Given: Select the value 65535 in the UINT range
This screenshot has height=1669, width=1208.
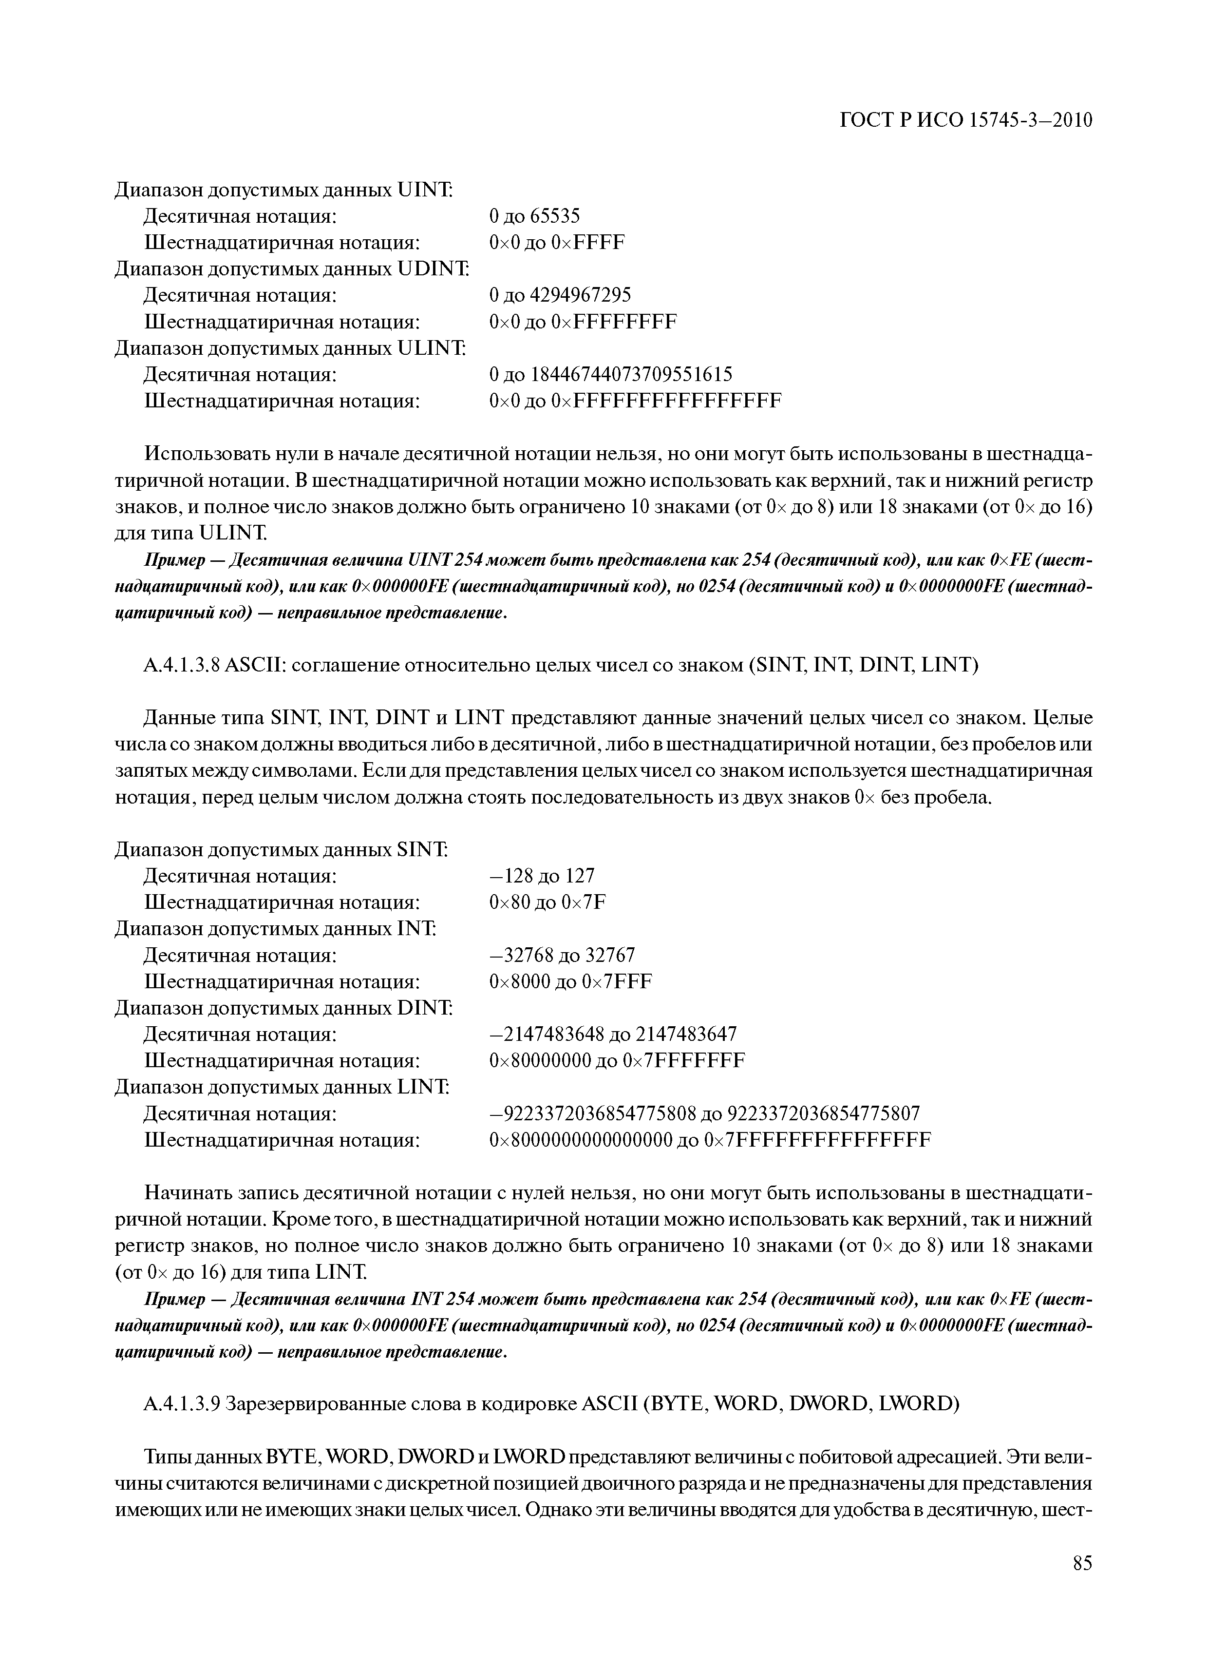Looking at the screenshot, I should click(x=555, y=215).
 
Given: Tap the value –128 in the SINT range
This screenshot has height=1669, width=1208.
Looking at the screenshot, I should click(x=510, y=876).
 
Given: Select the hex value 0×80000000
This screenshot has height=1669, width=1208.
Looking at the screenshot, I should click(x=540, y=1060).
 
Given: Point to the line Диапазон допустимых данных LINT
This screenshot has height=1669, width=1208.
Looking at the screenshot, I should click(x=282, y=1087).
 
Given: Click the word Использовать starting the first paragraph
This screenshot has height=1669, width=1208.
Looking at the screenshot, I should click(x=203, y=454).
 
